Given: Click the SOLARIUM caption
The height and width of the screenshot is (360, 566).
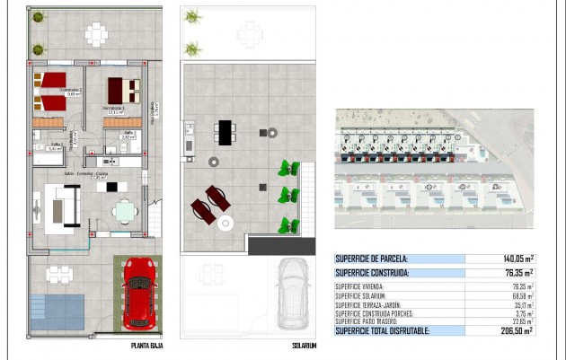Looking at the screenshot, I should point(305,344).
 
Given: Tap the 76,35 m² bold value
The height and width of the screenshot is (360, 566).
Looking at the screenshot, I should point(516,272).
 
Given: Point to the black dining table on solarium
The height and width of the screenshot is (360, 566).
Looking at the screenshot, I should point(225,132).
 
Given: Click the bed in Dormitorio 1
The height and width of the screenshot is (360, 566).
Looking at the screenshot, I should point(124,91).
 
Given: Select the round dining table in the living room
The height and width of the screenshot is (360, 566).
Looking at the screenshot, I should point(126,212).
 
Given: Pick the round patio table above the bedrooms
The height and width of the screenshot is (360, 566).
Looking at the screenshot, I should point(96,35).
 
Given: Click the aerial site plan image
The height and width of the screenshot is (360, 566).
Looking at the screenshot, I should point(434,169).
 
